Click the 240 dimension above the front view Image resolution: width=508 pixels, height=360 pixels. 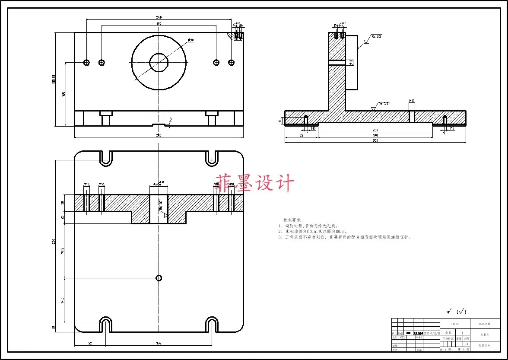(159, 17)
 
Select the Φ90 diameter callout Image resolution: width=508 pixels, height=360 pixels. (190, 40)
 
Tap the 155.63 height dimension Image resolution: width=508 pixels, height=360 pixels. (54, 80)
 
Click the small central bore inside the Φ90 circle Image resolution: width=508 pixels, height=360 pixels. (159, 63)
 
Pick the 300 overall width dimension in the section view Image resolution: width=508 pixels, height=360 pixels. (375, 140)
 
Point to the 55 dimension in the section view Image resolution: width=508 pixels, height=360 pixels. (301, 135)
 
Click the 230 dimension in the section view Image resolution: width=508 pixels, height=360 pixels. (375, 130)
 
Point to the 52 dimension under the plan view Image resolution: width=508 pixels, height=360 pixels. (90, 344)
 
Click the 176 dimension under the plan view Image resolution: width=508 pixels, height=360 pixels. (159, 344)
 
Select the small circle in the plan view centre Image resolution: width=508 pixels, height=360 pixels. (159, 277)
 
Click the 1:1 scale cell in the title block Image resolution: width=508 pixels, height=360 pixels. (466, 344)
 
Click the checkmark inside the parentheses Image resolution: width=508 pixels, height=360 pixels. (463, 311)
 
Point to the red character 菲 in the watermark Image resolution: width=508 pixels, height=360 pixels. (225, 183)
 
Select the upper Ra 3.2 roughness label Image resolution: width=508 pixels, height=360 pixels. (376, 36)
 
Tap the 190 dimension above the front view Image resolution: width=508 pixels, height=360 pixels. (159, 24)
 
